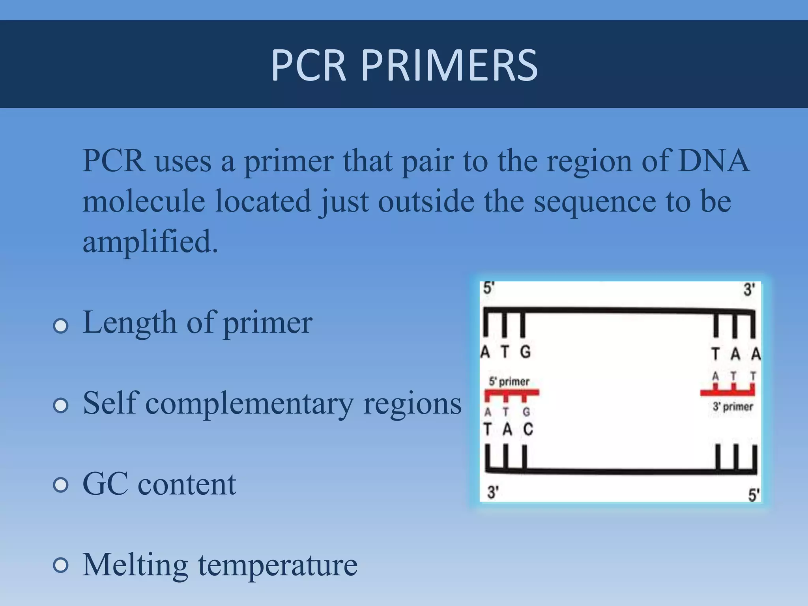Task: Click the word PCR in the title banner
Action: coord(309,65)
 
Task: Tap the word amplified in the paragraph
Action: coord(150,241)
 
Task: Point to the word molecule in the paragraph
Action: coord(144,201)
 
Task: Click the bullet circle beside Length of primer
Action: coord(61,326)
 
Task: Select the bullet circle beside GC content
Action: coord(61,485)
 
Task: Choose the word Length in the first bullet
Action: coord(129,323)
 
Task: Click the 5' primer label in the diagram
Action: coord(509,382)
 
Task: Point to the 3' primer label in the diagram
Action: coord(733,406)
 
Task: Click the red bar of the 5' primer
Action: coord(511,393)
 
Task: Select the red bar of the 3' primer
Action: coord(727,393)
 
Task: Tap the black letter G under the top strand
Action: coord(525,352)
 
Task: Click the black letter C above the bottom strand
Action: coord(528,429)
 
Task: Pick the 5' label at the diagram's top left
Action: coord(488,288)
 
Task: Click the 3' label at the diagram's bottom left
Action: coord(493,492)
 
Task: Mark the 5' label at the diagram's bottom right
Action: coord(754,495)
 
